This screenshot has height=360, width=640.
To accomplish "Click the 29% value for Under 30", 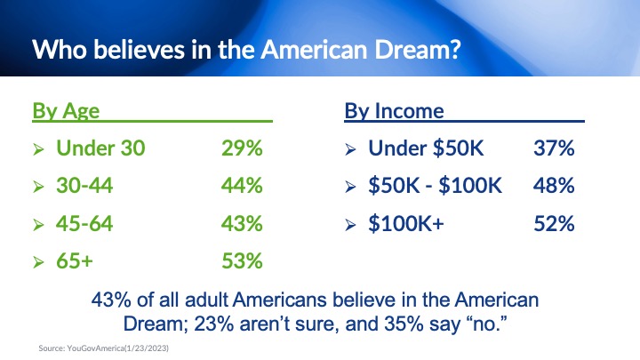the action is [x=242, y=148].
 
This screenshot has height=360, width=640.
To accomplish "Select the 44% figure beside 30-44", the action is [x=242, y=185].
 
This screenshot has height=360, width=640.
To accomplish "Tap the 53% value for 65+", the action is [x=242, y=260].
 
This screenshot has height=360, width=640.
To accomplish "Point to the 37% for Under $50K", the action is [x=554, y=148].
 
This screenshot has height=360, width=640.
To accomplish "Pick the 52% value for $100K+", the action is [x=554, y=223].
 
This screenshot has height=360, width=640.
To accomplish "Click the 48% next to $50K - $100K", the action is [x=554, y=185].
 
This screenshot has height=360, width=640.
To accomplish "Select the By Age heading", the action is [x=66, y=111].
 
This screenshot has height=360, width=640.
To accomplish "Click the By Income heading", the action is [x=394, y=111].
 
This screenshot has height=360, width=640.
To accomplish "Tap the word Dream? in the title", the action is [x=418, y=50].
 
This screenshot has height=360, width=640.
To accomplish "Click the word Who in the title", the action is [x=60, y=50].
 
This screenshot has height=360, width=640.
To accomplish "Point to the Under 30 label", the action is [x=100, y=148].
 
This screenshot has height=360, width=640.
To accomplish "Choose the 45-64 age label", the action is [x=84, y=223].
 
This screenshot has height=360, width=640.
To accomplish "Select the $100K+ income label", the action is [x=405, y=223].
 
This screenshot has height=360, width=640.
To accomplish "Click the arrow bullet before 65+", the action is [x=38, y=261].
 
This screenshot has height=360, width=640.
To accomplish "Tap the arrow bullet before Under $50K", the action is [x=350, y=149].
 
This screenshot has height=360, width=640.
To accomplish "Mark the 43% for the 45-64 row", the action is [x=242, y=223].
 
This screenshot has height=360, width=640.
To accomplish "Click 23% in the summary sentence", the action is [x=214, y=324].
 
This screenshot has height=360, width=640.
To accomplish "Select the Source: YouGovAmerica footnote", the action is [x=104, y=348].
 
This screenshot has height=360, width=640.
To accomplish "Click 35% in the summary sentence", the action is [x=404, y=324].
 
